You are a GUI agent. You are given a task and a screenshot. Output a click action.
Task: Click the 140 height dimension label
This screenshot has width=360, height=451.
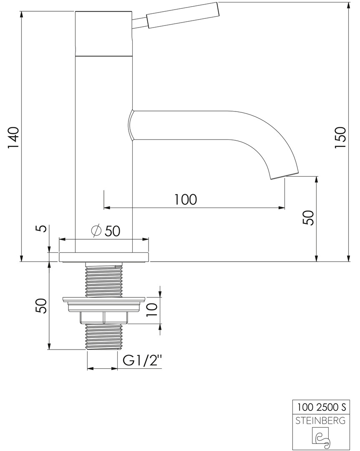tap(13, 137)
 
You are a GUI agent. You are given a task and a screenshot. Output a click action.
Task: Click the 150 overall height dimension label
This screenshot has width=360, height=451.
tap(340, 137)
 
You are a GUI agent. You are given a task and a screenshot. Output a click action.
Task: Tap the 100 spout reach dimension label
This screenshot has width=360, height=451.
tap(186, 199)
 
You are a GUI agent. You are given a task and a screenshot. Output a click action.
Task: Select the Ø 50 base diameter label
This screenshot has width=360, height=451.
tap(105, 231)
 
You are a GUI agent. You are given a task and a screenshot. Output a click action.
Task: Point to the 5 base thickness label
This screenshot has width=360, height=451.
tap(42, 228)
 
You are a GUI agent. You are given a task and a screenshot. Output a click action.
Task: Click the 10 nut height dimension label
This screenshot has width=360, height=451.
tap(152, 309)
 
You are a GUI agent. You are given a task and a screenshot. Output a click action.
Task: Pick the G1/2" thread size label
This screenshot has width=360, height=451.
tap(142, 360)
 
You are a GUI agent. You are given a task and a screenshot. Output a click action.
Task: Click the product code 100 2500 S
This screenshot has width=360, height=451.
tap(322, 407)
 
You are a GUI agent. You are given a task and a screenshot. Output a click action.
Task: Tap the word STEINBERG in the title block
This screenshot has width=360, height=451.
tap(321, 421)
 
